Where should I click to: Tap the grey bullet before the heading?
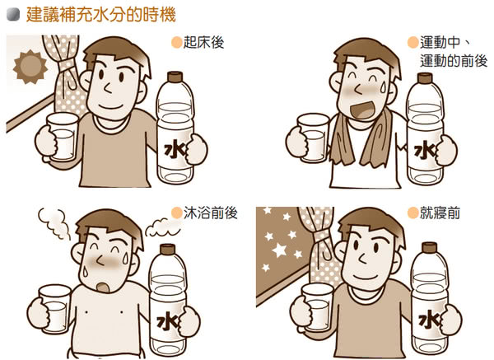[12, 15]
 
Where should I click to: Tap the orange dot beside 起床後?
[175, 43]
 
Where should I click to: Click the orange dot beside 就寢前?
[411, 213]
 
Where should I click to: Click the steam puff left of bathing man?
[54, 218]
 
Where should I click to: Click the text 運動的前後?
[453, 61]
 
